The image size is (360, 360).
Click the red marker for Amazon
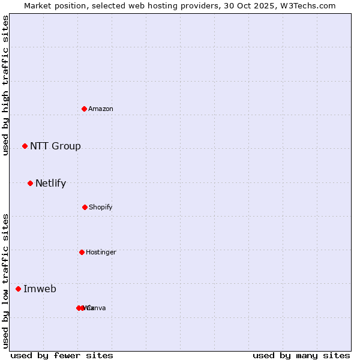pyautogui.click(x=85, y=109)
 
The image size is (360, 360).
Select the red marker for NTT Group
pyautogui.click(x=25, y=146)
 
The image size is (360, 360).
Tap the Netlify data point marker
pyautogui.click(x=30, y=183)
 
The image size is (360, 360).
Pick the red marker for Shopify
pyautogui.click(x=85, y=207)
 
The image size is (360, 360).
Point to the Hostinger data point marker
pyautogui.click(x=82, y=252)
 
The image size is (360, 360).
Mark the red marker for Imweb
pyautogui.click(x=18, y=289)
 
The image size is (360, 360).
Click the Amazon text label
pyautogui.click(x=101, y=109)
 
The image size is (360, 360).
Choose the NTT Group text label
pyautogui.click(x=55, y=146)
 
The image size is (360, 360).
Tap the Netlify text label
pyautogui.click(x=50, y=183)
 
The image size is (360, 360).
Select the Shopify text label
pyautogui.click(x=100, y=207)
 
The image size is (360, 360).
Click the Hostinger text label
pyautogui.click(x=101, y=252)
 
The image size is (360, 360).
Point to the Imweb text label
pyautogui.click(x=40, y=289)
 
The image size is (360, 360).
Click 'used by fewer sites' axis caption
pyautogui.click(x=62, y=355)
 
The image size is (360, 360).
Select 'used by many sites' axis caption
pyautogui.click(x=301, y=355)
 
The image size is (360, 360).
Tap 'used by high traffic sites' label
pyautogui.click(x=6, y=85)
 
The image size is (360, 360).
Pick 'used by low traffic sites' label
pyautogui.click(x=6, y=281)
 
